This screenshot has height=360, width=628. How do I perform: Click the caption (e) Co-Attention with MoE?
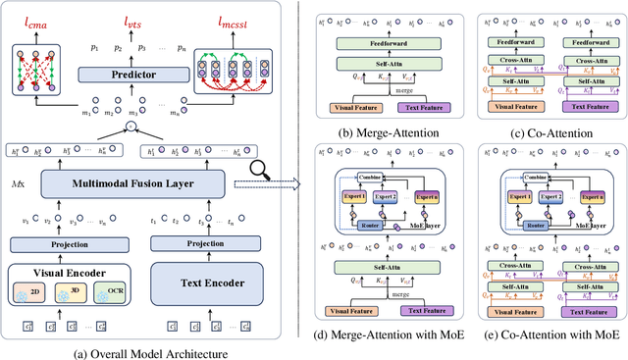click(551, 335)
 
